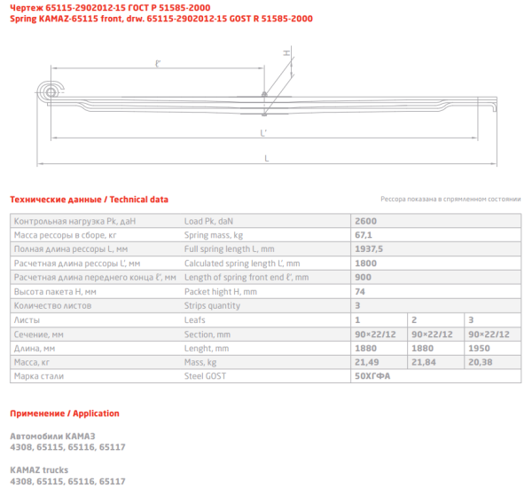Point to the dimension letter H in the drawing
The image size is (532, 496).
286,53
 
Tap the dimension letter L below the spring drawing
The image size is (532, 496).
266,159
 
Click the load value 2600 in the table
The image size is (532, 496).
364,220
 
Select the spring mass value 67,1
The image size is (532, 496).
363,235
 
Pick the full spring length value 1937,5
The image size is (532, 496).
368,249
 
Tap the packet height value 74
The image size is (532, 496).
359,291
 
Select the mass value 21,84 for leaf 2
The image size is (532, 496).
422,362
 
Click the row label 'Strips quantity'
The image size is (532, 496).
212,305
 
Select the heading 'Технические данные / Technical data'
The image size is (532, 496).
89,200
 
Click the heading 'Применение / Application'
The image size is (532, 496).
64,413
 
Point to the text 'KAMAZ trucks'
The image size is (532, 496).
38,468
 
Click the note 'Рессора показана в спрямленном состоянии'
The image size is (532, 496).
450,201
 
